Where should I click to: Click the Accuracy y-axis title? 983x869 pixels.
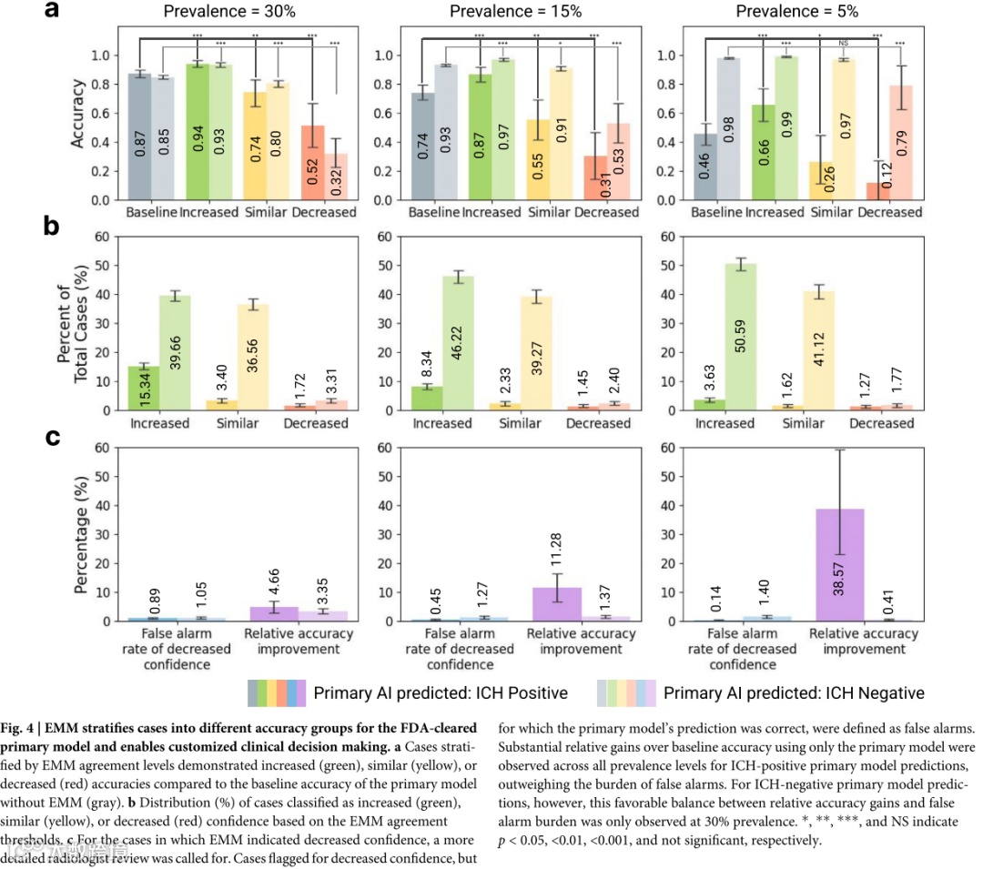click(79, 113)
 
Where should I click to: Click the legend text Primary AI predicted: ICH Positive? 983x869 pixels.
click(441, 692)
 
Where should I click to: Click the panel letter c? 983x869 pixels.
click(53, 438)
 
